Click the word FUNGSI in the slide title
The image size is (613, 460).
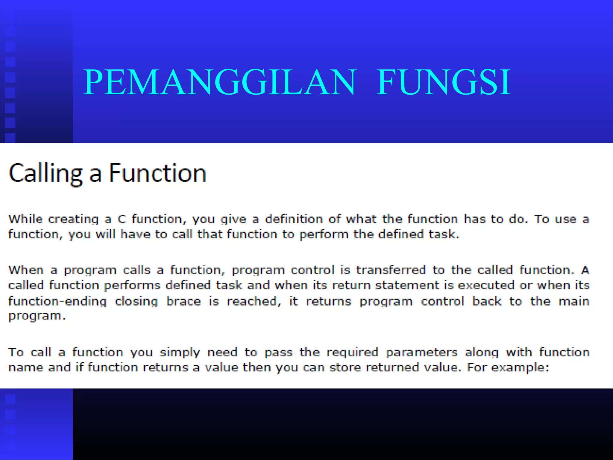pos(444,82)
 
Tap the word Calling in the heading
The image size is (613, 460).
pos(45,174)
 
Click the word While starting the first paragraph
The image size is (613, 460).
pos(26,219)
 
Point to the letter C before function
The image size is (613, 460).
pos(122,220)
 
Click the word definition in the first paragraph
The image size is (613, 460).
pos(294,219)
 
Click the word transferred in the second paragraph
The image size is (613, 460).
pos(391,270)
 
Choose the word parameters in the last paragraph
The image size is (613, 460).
pos(421,352)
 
